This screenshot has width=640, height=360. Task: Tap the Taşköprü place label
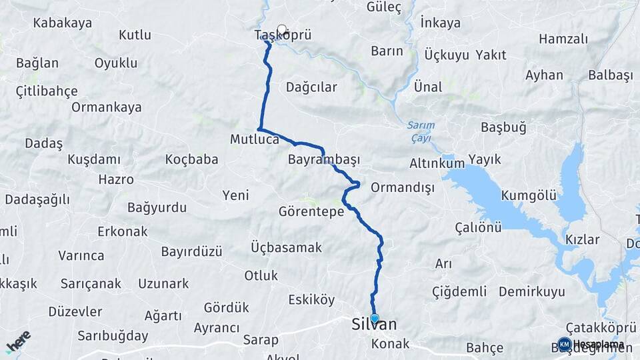pos(283,36)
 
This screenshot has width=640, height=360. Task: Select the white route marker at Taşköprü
pos(282,29)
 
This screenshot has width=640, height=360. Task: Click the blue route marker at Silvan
pos(375,319)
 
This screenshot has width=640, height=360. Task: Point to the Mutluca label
pos(254,140)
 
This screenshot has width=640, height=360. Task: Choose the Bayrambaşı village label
pos(324,160)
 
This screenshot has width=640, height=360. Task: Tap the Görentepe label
pos(311,212)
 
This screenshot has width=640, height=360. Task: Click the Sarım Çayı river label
pos(421,131)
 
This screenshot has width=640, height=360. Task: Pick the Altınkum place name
pos(437,163)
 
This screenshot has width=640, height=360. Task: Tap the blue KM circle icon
pos(564,345)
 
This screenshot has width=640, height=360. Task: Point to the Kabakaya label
pos(63,23)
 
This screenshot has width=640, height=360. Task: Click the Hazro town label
pos(116,179)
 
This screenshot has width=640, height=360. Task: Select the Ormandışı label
pos(402,187)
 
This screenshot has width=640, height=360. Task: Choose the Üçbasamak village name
pos(286,247)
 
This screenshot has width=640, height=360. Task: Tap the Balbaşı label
pos(610,75)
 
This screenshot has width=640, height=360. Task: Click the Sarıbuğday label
pos(113,335)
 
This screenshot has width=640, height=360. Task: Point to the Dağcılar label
pos(311,87)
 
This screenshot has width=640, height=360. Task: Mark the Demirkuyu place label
pos(531,291)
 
